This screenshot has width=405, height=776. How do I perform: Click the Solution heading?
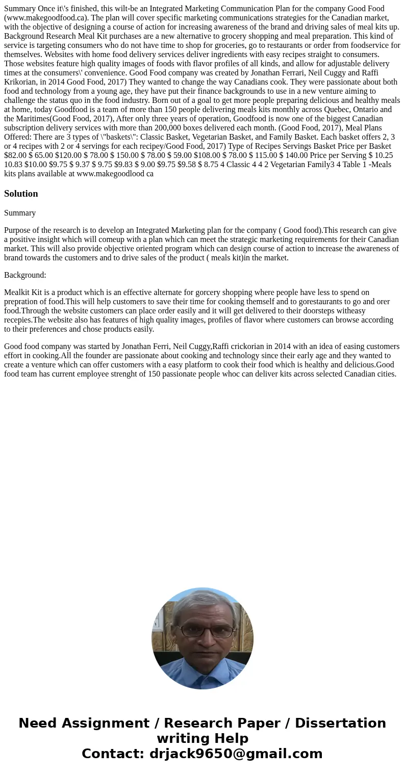(21, 194)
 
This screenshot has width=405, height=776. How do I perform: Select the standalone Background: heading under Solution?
(25, 275)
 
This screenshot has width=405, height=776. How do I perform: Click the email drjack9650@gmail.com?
(236, 754)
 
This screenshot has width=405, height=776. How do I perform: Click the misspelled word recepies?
(19, 320)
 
